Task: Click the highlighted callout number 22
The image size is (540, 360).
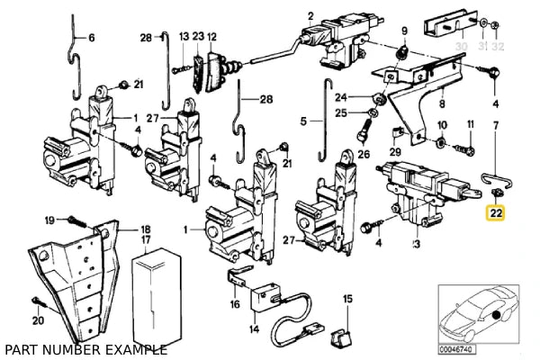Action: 495,213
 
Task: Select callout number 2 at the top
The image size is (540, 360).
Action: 310,14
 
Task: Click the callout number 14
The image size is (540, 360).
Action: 254,329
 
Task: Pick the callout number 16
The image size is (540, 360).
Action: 235,305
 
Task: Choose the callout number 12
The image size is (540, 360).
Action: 213,37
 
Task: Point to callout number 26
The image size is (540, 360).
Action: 364,154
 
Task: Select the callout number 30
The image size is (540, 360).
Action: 461,45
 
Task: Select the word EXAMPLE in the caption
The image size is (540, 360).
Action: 135,349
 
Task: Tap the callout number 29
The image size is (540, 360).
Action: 396,154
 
